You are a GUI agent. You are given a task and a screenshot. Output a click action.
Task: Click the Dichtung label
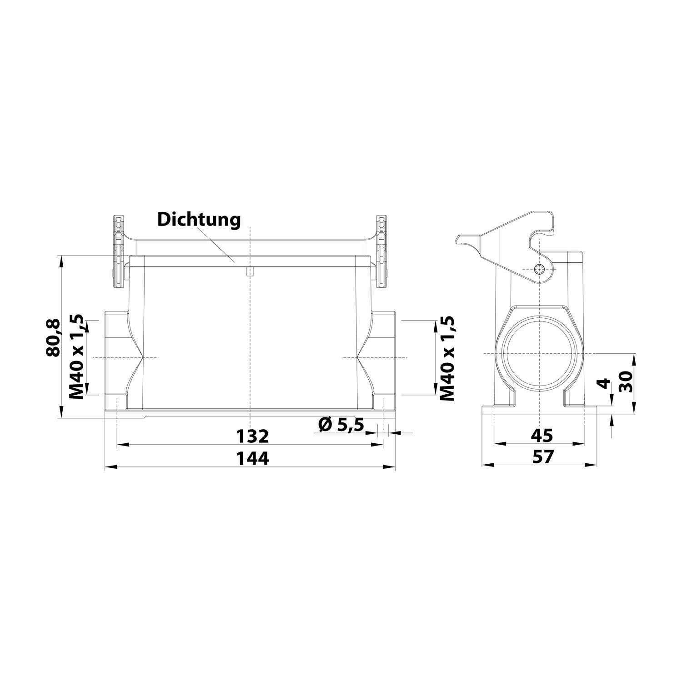[199, 220]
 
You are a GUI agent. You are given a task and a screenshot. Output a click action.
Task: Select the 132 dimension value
[253, 436]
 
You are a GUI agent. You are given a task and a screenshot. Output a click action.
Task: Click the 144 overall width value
[253, 458]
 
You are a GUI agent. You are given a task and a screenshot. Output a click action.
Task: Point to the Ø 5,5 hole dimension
[341, 425]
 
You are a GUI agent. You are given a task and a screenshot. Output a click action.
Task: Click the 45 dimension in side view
[542, 436]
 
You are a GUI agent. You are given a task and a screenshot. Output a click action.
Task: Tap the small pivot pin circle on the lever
[539, 269]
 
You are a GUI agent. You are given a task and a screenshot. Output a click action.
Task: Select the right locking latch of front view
[383, 251]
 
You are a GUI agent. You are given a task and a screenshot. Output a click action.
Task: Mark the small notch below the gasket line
[250, 272]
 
